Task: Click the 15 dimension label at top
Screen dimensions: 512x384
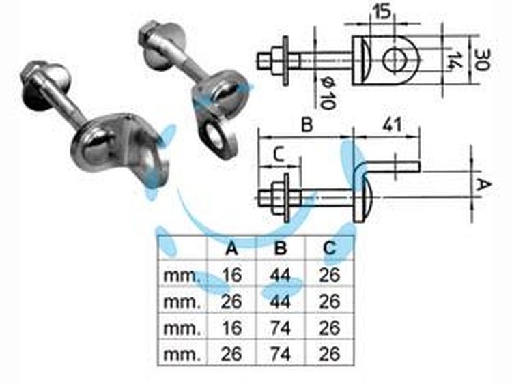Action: (382, 12)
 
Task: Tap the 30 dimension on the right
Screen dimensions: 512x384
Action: (481, 59)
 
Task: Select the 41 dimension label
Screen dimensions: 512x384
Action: (392, 124)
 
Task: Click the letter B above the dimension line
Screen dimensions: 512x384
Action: (307, 124)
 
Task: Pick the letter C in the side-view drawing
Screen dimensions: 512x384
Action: (279, 155)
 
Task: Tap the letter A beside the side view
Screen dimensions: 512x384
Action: (484, 185)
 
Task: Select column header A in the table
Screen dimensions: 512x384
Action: (231, 248)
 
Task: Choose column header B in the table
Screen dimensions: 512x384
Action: (281, 248)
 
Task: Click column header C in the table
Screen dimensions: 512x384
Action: (329, 248)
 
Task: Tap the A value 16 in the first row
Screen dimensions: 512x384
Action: (231, 275)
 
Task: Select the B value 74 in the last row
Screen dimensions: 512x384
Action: (281, 354)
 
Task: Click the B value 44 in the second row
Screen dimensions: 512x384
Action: (281, 301)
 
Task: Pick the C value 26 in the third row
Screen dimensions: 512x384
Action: (329, 328)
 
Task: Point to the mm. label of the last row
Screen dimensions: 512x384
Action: (182, 355)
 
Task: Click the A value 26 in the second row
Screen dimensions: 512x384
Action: (231, 301)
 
